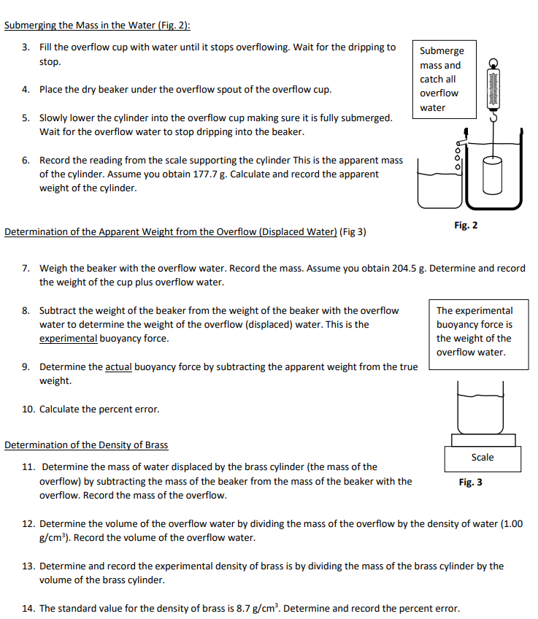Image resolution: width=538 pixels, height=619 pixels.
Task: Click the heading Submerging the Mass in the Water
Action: tap(97, 25)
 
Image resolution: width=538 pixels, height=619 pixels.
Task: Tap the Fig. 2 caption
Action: tap(466, 225)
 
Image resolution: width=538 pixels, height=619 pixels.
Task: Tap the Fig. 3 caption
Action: tap(470, 482)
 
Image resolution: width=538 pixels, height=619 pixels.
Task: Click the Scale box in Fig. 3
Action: tap(483, 458)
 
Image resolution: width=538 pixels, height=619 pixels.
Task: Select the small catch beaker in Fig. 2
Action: tap(438, 186)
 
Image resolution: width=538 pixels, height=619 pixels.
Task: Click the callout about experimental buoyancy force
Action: tap(474, 331)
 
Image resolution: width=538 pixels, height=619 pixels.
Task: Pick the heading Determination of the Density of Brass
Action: tap(86, 444)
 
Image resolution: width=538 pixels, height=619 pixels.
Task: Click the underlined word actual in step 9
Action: tap(118, 366)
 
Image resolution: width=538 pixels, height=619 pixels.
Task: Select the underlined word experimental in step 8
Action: tap(67, 338)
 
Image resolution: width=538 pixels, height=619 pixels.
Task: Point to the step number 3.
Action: tap(26, 47)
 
